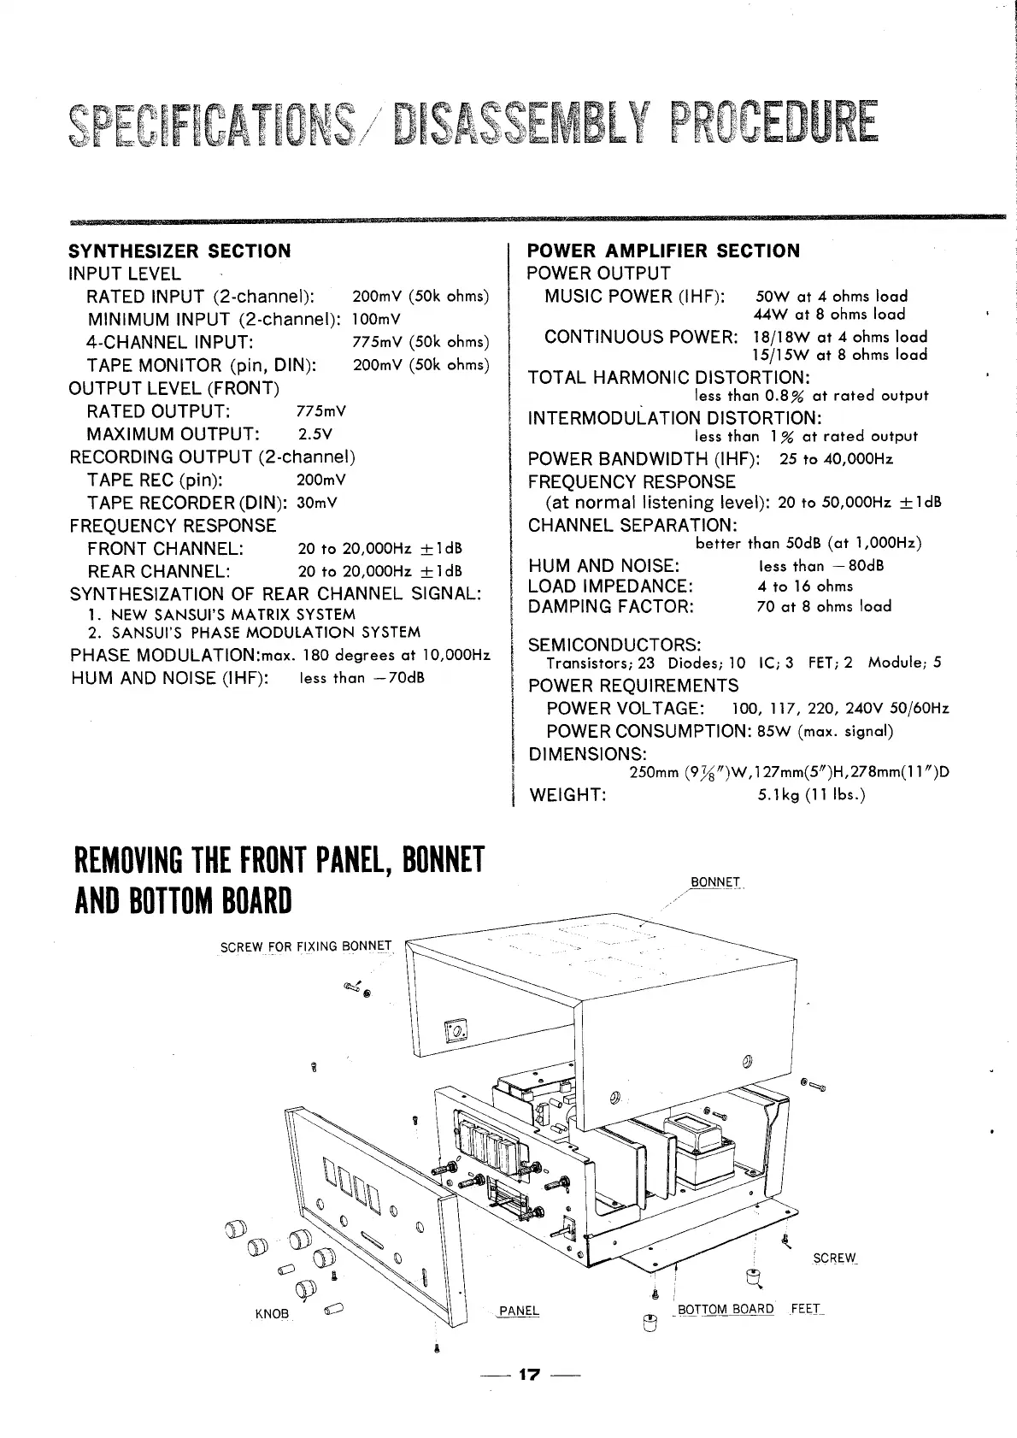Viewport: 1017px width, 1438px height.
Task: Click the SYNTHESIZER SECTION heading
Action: [x=179, y=251]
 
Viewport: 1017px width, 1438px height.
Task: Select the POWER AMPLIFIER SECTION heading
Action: [x=664, y=251]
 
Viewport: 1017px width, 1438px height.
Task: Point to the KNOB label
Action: [x=273, y=1313]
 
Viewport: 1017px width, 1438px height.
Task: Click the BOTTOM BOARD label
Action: [x=726, y=1309]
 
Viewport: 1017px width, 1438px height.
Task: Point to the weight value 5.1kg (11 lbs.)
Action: [x=812, y=795]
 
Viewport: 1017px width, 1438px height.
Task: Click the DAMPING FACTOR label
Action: [x=611, y=607]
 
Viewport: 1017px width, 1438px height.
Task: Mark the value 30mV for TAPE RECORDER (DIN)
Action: [x=316, y=503]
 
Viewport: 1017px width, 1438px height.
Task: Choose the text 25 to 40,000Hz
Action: [x=837, y=459]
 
